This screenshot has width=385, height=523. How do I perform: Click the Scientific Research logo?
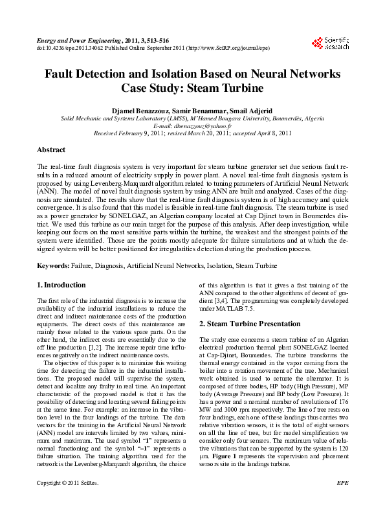tap(330, 43)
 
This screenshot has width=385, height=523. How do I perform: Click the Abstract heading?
tap(51, 150)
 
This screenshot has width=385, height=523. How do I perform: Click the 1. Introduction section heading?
tap(61, 285)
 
